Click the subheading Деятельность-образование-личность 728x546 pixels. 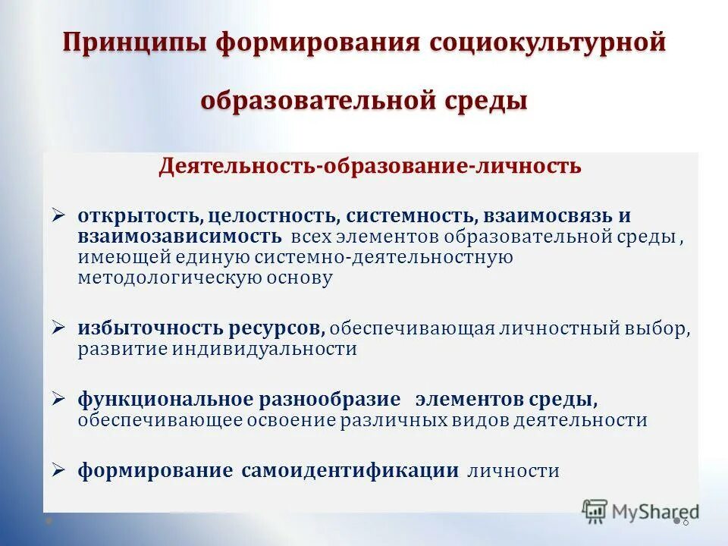pyautogui.click(x=370, y=166)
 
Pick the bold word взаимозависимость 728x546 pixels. pyautogui.click(x=180, y=236)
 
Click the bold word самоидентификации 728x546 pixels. pyautogui.click(x=350, y=471)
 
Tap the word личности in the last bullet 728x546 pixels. pyautogui.click(x=513, y=471)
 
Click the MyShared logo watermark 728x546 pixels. pyautogui.click(x=641, y=511)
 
